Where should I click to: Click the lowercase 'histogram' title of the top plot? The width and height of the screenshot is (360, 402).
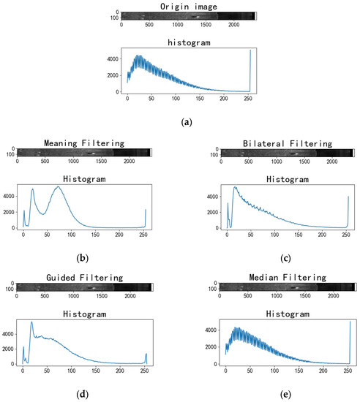tap(189, 44)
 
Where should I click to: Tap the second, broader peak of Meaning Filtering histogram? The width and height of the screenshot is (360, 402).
tap(59, 187)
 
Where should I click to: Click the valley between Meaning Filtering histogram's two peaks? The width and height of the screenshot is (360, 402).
tap(43, 214)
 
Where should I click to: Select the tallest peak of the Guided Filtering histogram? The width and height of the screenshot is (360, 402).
tap(31, 322)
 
